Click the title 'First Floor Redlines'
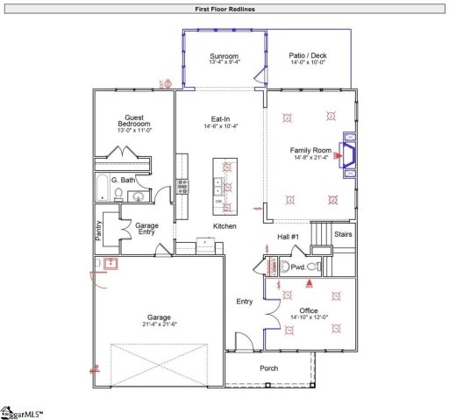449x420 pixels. tap(224, 8)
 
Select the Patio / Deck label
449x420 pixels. tap(307, 55)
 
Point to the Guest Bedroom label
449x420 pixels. tap(135, 120)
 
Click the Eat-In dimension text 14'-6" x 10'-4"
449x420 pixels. tap(219, 126)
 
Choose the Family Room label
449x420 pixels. tap(310, 150)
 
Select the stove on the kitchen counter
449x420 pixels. tap(182, 185)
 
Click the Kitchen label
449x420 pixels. tap(225, 226)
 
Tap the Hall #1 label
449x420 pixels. tap(289, 238)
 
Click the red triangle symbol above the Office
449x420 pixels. tap(308, 283)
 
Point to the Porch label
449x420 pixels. tap(268, 368)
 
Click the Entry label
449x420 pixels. tap(244, 302)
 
